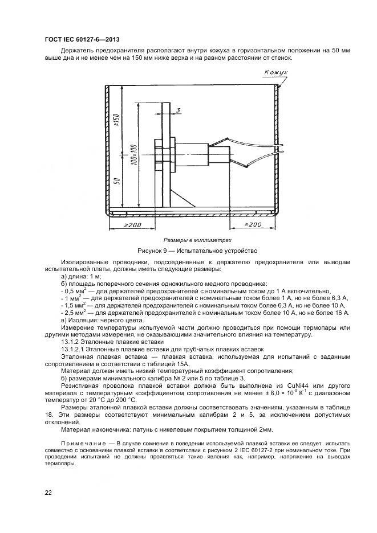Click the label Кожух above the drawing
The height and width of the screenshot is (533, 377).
point(277,73)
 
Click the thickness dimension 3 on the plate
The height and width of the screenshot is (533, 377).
point(178,110)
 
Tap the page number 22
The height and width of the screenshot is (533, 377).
point(48,493)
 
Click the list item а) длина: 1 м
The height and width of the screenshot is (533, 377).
point(80,276)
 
